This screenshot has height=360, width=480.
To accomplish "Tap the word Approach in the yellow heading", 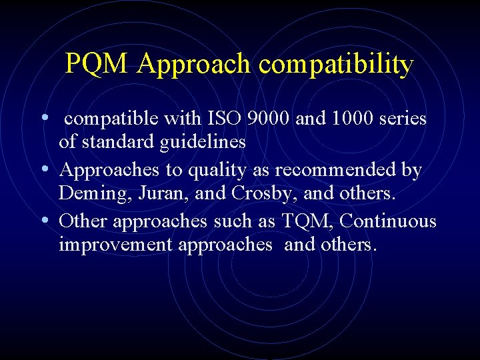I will (x=194, y=65).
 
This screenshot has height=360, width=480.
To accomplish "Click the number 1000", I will (x=349, y=119).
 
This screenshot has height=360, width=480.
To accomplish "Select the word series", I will (x=403, y=119).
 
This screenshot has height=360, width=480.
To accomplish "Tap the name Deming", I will (x=87, y=194).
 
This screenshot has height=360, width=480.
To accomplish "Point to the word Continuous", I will (x=389, y=221).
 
